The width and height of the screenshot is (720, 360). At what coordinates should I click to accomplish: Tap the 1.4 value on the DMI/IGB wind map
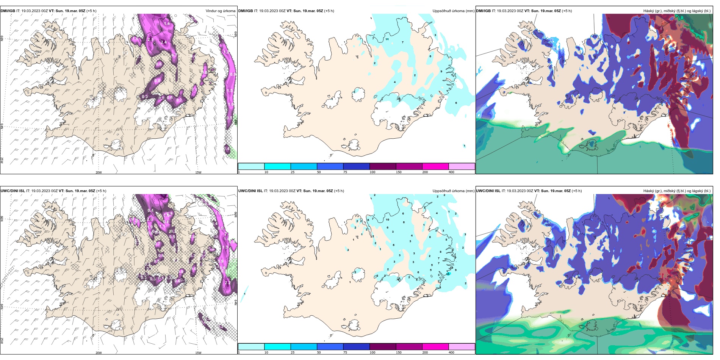click(167, 23)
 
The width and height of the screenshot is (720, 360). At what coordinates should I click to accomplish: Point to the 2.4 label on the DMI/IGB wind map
click(164, 42)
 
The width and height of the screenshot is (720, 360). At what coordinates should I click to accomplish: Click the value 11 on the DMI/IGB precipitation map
click(387, 39)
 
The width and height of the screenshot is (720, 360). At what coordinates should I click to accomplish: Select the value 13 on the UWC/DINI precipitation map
click(448, 274)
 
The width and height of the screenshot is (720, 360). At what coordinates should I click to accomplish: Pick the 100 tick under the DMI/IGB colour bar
click(373, 172)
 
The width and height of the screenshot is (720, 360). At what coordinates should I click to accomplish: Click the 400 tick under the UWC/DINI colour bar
click(451, 352)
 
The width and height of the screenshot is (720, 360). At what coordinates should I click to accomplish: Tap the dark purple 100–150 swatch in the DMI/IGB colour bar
click(383, 166)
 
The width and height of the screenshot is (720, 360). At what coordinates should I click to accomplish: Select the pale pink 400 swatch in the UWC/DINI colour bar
click(462, 347)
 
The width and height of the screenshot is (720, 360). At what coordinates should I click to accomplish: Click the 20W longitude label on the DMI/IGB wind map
click(99, 172)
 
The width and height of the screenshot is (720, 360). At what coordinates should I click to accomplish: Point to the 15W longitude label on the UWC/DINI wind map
click(198, 353)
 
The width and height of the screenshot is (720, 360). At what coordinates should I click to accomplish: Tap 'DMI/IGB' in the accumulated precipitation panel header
click(246, 11)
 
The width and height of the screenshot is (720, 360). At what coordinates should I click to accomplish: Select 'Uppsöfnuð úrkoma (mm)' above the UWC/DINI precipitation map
click(453, 191)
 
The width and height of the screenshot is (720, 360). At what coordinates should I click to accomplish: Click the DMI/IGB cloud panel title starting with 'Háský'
click(677, 11)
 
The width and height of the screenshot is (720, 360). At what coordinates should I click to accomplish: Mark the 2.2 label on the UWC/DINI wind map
click(228, 283)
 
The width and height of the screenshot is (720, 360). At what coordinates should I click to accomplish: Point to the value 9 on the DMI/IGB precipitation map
click(441, 71)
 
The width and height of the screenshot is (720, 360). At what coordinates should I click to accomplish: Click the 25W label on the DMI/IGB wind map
click(2, 160)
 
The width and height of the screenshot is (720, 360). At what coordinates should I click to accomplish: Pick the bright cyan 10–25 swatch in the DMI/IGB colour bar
click(277, 166)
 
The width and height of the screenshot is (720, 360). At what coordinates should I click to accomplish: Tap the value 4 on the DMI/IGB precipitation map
click(395, 82)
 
